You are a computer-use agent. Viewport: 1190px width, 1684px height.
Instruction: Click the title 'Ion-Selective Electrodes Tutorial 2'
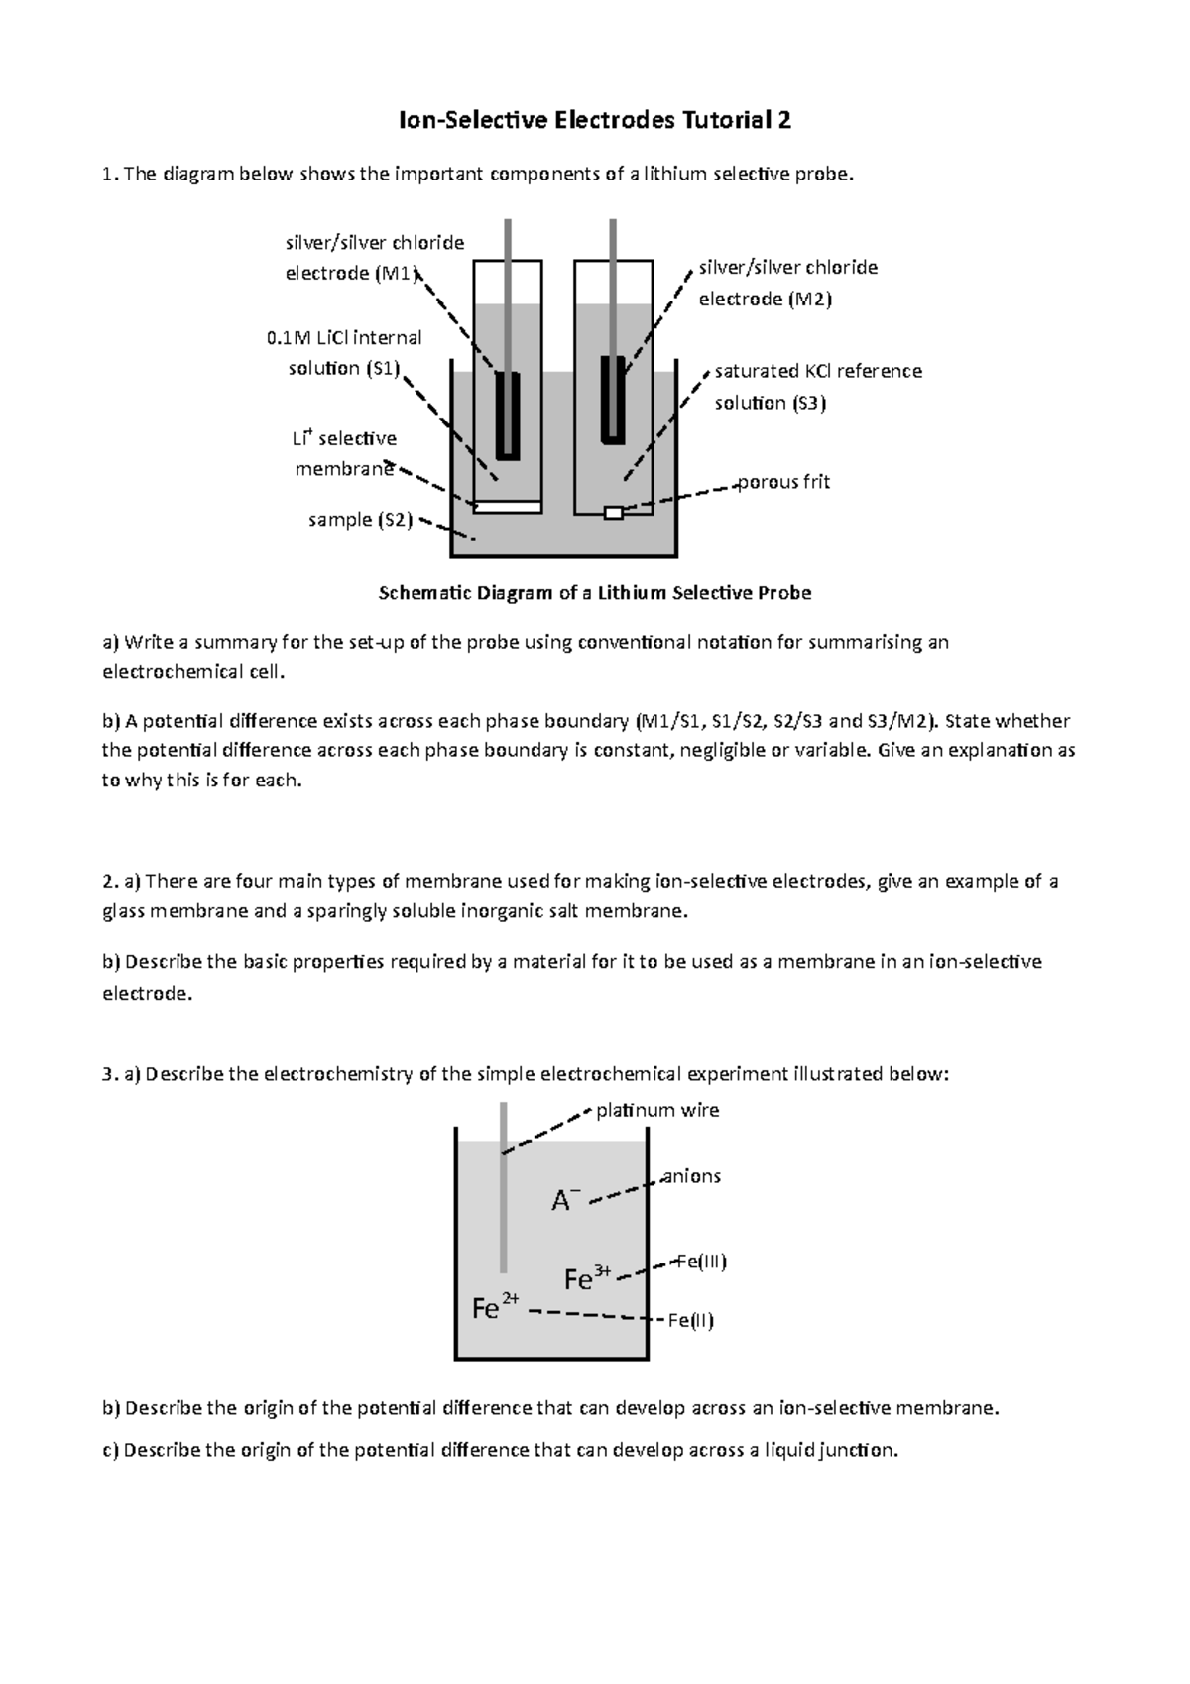pos(594,121)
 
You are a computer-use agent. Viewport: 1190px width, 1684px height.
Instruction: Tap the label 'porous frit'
pos(783,482)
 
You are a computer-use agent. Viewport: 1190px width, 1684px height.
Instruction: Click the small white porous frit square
pos(614,513)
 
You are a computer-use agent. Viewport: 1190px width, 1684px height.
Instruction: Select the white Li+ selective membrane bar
pos(508,507)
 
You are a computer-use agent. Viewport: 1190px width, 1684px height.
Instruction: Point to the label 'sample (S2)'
pos(360,519)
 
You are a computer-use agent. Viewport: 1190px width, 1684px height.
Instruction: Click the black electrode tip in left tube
pos(508,415)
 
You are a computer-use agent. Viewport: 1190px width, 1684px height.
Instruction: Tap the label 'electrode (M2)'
pos(765,299)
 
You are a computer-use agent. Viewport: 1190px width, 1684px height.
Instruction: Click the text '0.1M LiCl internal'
pos(344,337)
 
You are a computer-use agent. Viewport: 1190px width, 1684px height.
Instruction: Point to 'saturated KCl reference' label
pos(818,371)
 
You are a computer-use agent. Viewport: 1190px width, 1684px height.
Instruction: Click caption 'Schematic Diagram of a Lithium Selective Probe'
pos(595,593)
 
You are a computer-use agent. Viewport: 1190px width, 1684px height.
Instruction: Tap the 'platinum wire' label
pos(657,1110)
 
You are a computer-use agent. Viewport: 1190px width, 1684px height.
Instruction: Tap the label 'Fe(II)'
pos(690,1320)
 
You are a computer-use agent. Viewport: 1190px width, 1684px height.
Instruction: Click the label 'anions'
pos(690,1176)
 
